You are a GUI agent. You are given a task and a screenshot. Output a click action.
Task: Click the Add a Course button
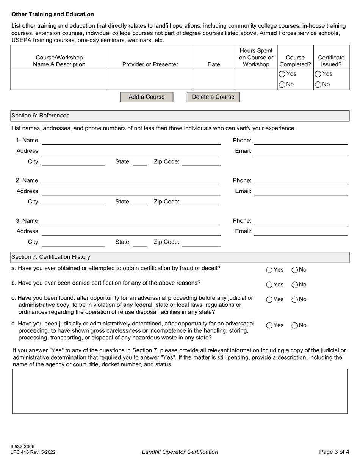tap(146, 97)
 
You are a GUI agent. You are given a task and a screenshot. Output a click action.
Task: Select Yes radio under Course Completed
tap(282, 74)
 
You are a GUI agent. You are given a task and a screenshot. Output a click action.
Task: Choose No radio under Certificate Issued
tap(318, 84)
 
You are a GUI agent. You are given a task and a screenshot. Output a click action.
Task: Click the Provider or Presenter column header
tap(150, 64)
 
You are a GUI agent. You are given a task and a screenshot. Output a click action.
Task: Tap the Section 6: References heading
tap(40, 116)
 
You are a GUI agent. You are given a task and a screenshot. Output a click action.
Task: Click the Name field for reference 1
tap(131, 141)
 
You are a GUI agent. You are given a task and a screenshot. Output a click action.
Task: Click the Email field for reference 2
tap(300, 191)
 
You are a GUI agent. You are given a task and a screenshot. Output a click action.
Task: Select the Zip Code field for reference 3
tap(201, 242)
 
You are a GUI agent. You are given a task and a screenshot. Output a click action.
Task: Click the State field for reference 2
tap(140, 202)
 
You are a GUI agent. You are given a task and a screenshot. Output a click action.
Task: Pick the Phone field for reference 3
tap(300, 221)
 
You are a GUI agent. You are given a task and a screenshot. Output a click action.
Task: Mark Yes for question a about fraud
tap(269, 270)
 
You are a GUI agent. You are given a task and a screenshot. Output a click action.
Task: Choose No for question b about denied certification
tap(294, 285)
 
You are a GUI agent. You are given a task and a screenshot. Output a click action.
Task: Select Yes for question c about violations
tap(269, 300)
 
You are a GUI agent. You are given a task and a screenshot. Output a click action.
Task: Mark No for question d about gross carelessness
tap(294, 325)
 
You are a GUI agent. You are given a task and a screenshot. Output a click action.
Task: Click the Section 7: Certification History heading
tap(51, 257)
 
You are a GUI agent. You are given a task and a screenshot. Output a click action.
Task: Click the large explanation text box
tap(180, 391)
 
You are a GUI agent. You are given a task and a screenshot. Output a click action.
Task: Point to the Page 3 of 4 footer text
tap(334, 452)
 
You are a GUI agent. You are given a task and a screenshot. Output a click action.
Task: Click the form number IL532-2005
tap(23, 447)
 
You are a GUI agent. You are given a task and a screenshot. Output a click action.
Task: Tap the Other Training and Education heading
tap(53, 14)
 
